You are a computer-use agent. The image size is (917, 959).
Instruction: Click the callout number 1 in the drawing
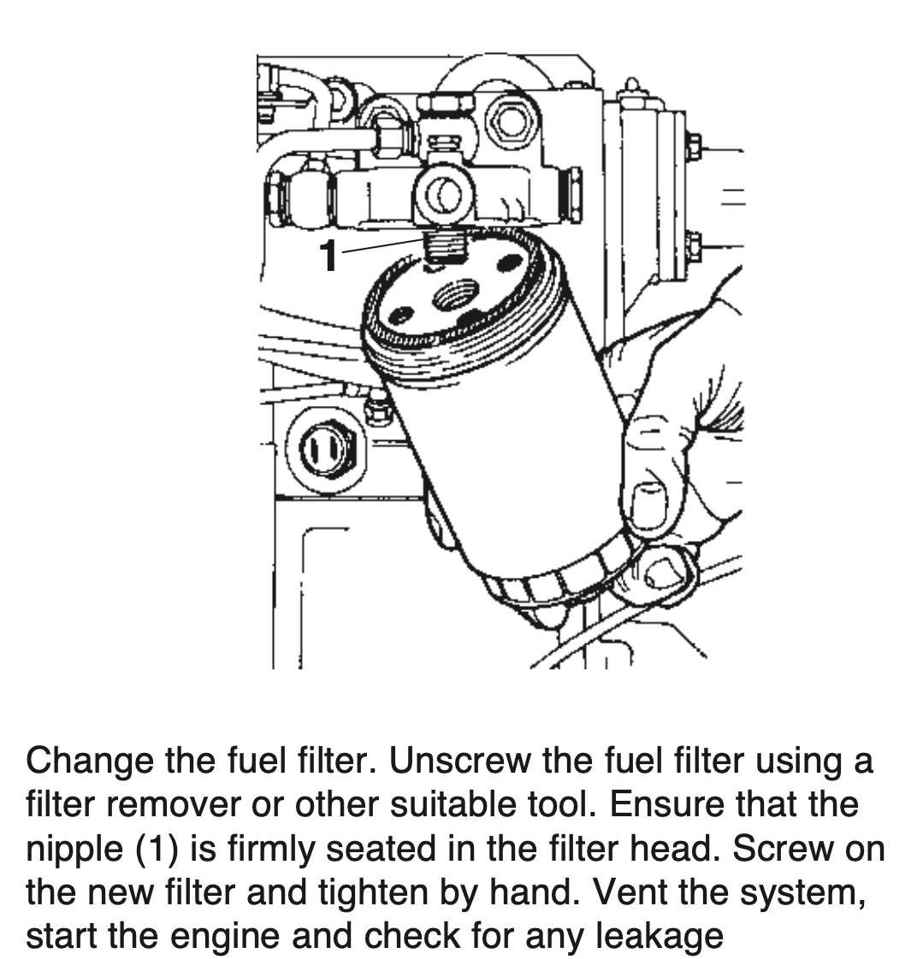pyautogui.click(x=328, y=255)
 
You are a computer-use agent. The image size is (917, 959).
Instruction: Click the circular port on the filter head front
pyautogui.click(x=442, y=195)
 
